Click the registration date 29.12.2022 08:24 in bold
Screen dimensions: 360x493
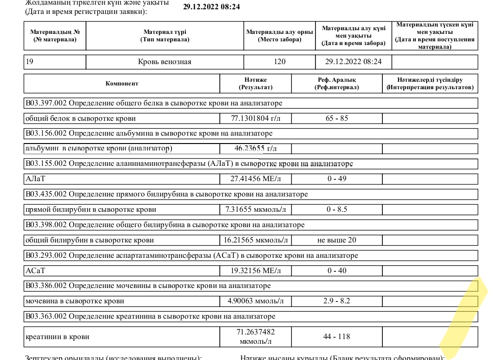(211, 7)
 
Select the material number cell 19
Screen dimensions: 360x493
(29, 61)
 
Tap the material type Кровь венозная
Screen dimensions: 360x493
(164, 62)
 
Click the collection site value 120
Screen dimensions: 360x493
(280, 62)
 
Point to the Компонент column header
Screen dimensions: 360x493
(122, 84)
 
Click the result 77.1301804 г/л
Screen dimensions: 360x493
(256, 118)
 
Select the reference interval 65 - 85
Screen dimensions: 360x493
(337, 118)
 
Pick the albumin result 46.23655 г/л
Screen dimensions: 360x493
(256, 149)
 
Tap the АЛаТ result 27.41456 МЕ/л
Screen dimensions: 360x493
(256, 179)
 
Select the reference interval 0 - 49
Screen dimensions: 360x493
(337, 179)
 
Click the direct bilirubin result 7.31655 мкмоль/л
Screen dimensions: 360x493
(256, 209)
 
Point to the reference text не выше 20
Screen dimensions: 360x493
(337, 240)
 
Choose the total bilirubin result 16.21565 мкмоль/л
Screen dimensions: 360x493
(256, 240)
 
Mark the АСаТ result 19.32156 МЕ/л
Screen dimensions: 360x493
(256, 270)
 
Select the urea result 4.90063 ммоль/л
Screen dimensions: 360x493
(256, 301)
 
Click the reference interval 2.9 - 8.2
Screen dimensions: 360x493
(337, 301)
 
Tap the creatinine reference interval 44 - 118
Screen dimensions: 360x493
(337, 336)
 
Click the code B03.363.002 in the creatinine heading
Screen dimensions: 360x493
(46, 316)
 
